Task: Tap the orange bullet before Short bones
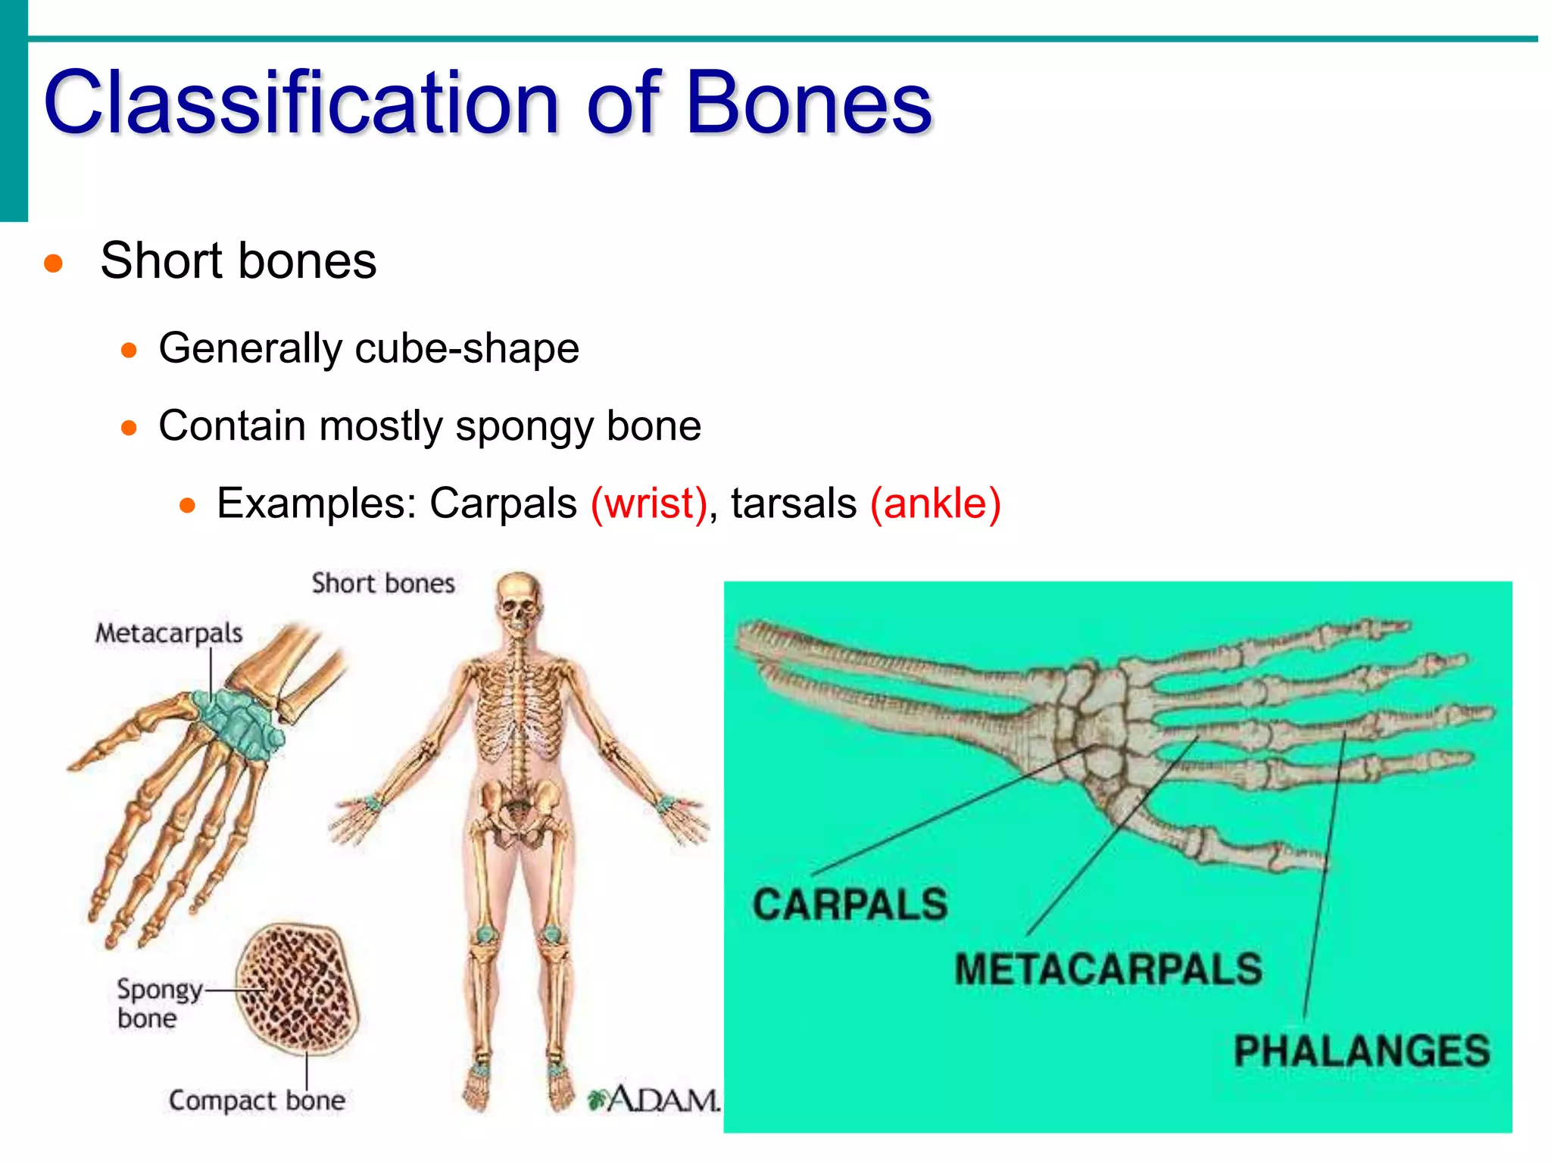coord(53,263)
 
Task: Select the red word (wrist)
coord(649,504)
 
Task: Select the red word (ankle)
coord(935,504)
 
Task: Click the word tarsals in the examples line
coord(793,504)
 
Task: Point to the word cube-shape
coord(467,349)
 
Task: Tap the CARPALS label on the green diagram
coord(850,904)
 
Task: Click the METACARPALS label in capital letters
coord(1108,969)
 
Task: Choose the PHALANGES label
coord(1362,1051)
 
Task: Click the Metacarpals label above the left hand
coord(169,633)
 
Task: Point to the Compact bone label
coord(257,1100)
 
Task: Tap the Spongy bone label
coord(158,1003)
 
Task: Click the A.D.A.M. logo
coord(656,1099)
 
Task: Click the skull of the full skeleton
coord(519,602)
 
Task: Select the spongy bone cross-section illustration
coord(297,988)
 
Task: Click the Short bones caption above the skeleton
coord(383,584)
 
